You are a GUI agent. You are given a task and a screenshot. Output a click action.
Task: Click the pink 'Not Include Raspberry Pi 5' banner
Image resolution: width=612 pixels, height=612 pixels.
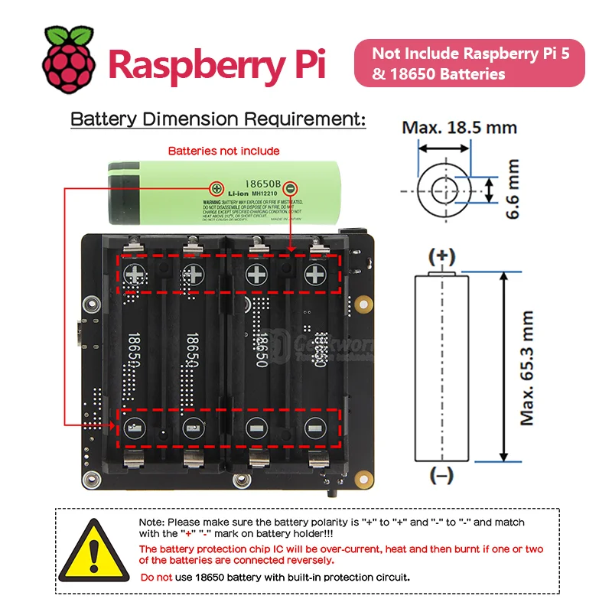pos(469,64)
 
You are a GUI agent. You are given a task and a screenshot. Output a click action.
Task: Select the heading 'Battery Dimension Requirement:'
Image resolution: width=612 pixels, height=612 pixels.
pos(218,119)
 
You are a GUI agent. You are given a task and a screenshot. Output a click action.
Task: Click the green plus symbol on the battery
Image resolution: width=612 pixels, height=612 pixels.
pos(217,187)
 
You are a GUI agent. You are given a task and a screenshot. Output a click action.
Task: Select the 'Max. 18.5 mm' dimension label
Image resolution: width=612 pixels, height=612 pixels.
pos(459,127)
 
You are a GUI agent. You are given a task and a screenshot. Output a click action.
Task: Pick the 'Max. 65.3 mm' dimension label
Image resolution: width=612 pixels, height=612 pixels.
pos(528,367)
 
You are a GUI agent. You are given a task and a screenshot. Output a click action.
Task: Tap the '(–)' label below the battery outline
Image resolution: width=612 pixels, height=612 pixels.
pos(441,476)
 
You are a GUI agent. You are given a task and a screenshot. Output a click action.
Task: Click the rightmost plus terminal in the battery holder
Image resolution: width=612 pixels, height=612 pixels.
pos(315,273)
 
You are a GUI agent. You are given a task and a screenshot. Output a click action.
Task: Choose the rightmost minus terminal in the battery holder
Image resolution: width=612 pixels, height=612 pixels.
pos(315,429)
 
